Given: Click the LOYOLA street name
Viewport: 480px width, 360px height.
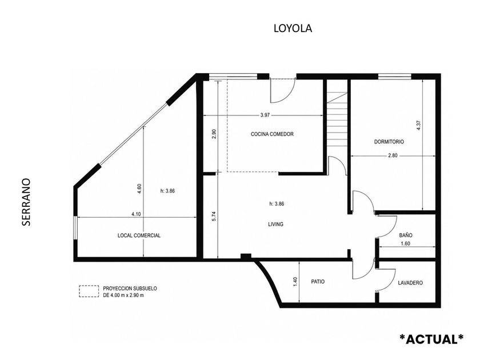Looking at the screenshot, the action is [x=293, y=28].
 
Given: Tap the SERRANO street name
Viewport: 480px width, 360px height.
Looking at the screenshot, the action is [x=26, y=202].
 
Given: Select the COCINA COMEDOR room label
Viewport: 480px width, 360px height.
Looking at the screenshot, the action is [x=272, y=134].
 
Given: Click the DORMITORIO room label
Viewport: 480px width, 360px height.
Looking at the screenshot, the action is [x=389, y=142].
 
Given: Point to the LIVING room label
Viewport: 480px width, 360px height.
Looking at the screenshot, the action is [x=275, y=225].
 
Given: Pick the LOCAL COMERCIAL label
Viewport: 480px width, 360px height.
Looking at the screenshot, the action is [x=139, y=235].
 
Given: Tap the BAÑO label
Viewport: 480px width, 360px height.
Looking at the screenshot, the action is [x=406, y=235].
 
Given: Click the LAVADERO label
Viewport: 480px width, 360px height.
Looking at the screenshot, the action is [x=410, y=283].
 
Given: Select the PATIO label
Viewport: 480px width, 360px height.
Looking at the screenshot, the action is [x=318, y=282].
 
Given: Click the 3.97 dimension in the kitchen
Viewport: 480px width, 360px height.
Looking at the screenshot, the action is [x=265, y=115].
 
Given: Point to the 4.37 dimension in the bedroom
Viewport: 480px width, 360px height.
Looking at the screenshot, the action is [x=419, y=126].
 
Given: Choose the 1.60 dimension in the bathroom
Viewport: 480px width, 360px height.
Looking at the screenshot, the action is [x=405, y=243].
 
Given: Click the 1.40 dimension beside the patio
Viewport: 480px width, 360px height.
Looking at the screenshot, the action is [x=295, y=282].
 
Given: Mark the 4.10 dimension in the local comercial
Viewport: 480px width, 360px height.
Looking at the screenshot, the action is [x=136, y=214].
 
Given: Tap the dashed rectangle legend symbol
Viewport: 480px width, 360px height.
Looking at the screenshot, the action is [x=89, y=291].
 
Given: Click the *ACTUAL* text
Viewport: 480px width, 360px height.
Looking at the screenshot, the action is [x=431, y=339].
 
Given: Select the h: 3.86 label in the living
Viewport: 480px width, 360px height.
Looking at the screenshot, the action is [x=277, y=204].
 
